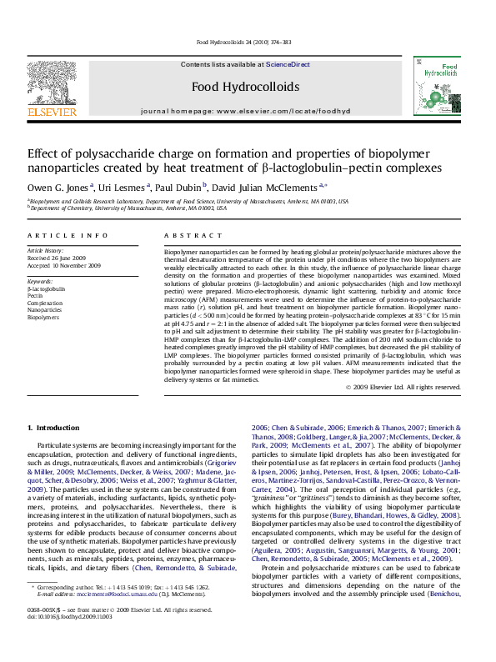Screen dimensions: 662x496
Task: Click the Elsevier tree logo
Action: [x=53, y=82]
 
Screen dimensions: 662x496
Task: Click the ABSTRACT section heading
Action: [x=188, y=236]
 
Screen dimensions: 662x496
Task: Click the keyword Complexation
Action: [x=46, y=303]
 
